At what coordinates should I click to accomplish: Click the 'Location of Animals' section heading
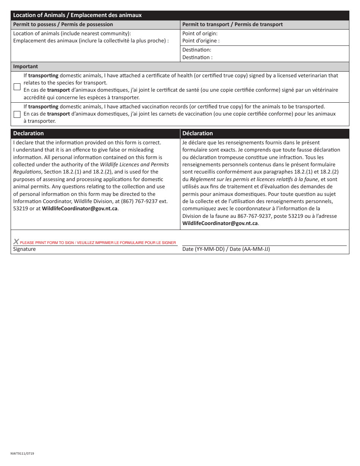click(x=77, y=15)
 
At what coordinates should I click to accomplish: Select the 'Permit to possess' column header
click(x=63, y=24)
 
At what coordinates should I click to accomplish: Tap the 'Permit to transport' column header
click(x=232, y=24)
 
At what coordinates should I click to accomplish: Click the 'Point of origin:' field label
click(x=200, y=33)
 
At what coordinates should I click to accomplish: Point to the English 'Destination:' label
click(x=197, y=50)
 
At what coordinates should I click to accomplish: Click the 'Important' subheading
click(x=25, y=66)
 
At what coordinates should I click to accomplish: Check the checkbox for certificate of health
click(x=17, y=87)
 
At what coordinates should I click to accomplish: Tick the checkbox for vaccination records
click(x=17, y=114)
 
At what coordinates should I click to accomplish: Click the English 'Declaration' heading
click(x=28, y=133)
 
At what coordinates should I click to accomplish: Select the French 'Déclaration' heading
click(x=197, y=133)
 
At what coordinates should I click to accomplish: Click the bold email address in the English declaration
click(x=80, y=209)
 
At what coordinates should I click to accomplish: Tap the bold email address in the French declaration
click(x=220, y=224)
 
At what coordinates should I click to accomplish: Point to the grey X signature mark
click(x=16, y=242)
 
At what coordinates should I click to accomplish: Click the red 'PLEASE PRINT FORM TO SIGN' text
click(x=98, y=242)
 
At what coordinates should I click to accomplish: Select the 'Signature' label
click(x=24, y=249)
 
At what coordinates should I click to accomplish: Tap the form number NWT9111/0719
click(x=22, y=453)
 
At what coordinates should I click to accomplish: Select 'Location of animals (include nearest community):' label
click(x=72, y=33)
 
